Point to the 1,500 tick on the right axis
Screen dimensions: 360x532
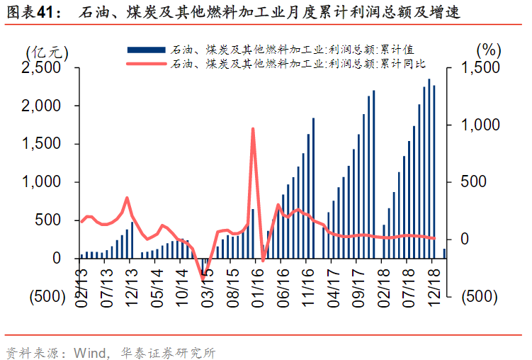click(x=481, y=67)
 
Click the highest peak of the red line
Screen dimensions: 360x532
click(x=253, y=129)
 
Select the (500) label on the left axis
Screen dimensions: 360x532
click(x=45, y=296)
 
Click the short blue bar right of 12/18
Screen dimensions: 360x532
click(x=445, y=254)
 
